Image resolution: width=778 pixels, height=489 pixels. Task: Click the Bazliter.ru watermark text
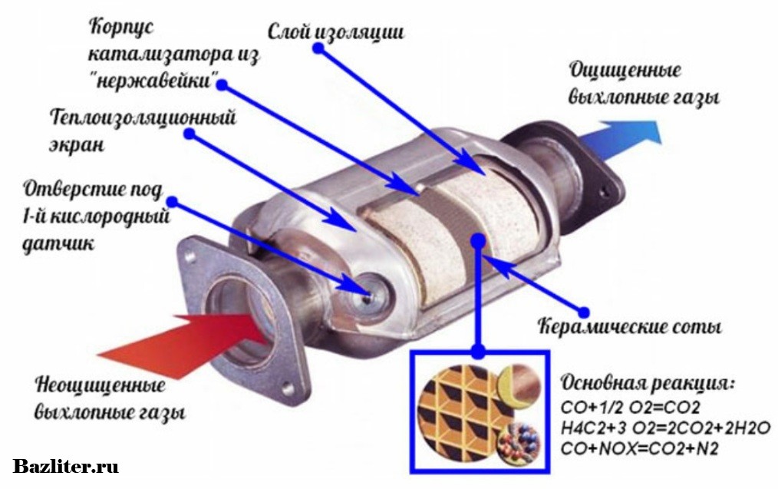tap(65, 467)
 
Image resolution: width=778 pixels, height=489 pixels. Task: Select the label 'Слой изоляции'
tap(336, 31)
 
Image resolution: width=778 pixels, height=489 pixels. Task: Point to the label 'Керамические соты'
tap(630, 327)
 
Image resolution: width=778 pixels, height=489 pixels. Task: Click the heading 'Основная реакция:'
tap(648, 384)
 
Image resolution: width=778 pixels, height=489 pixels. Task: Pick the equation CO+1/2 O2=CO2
tap(630, 408)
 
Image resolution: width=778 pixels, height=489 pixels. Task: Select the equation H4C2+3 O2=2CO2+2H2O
tap(666, 428)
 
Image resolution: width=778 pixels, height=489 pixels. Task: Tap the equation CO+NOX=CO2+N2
tap(640, 449)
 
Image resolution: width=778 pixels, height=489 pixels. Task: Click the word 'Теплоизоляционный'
tap(143, 118)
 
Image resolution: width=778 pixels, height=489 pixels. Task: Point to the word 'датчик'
tap(58, 244)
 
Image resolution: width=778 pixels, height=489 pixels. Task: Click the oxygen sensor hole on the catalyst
tap(368, 294)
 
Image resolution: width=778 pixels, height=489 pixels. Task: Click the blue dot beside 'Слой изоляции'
tap(318, 48)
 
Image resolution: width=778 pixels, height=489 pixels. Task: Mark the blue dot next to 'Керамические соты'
tap(584, 312)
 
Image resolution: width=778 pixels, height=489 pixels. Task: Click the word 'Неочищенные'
tap(100, 385)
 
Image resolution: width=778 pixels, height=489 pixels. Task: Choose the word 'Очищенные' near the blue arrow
tap(625, 70)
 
